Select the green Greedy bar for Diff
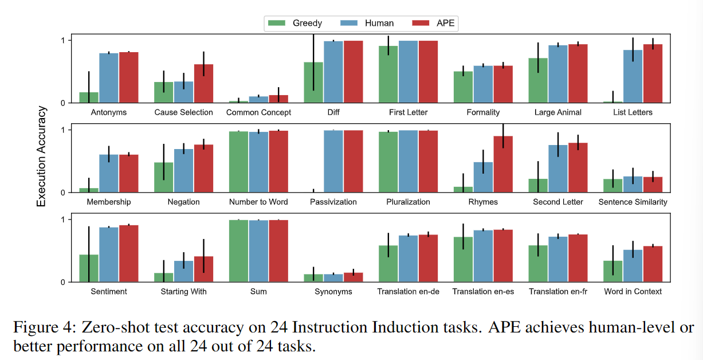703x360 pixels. [313, 83]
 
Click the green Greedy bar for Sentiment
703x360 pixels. [89, 268]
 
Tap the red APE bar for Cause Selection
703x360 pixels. [203, 84]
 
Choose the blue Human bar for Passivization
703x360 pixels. [333, 162]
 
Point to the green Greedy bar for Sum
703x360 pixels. [238, 251]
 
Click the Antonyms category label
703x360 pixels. [109, 112]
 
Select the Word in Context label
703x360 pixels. [633, 292]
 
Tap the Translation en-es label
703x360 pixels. [483, 292]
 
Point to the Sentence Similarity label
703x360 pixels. [633, 202]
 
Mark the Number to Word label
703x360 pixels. [258, 202]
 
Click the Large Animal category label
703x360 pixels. [557, 112]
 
